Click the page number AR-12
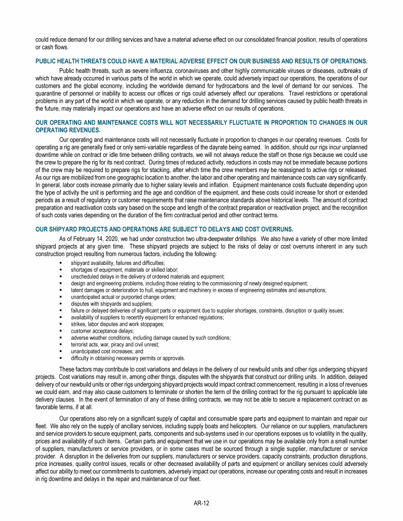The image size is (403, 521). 201,503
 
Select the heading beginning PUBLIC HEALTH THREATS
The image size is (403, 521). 201,61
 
